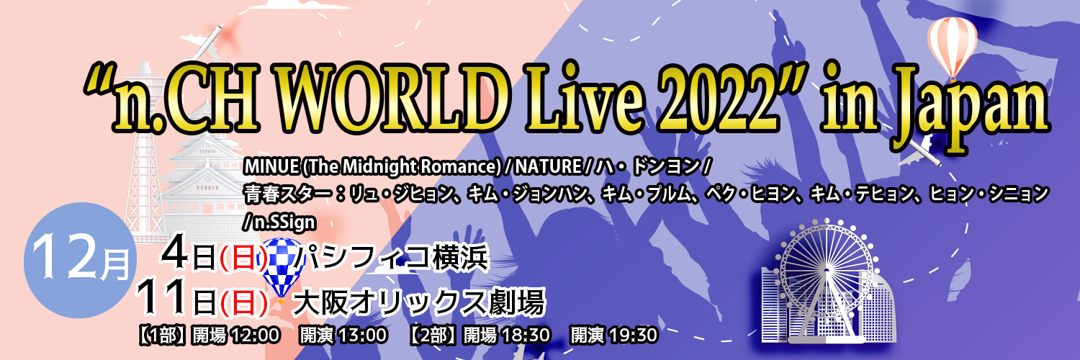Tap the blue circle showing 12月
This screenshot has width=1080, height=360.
(80, 260)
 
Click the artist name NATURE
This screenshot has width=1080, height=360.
(548, 167)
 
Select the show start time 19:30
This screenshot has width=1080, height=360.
(634, 336)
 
